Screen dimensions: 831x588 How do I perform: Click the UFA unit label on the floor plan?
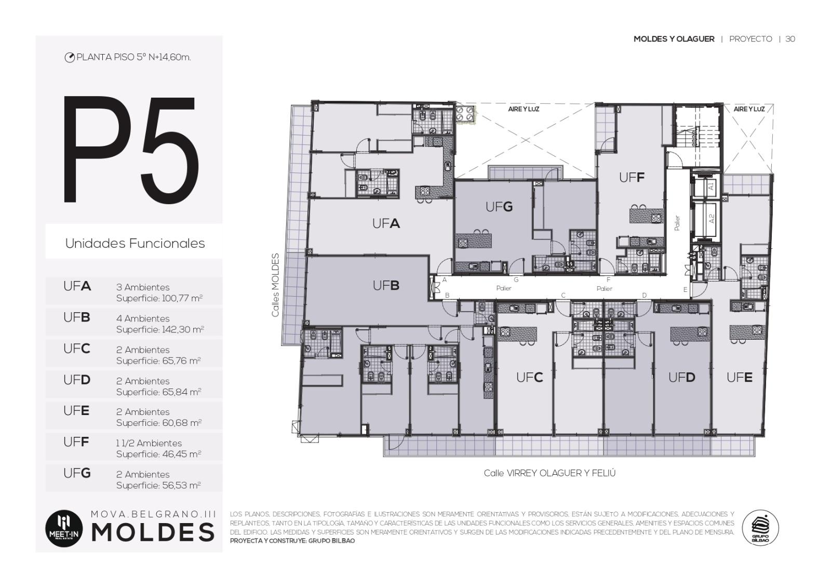[386, 223]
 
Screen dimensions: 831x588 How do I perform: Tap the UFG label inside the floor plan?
[499, 207]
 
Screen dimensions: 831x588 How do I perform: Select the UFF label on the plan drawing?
[632, 178]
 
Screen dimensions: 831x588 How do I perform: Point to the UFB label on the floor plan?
[386, 285]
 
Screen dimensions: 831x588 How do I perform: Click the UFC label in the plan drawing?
[529, 377]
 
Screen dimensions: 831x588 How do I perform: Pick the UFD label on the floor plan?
[681, 377]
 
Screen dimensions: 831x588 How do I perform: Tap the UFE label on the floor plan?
[740, 377]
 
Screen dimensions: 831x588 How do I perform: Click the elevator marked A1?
[706, 186]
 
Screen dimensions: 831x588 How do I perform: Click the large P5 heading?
[130, 149]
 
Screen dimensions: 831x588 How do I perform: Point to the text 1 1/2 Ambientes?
[149, 443]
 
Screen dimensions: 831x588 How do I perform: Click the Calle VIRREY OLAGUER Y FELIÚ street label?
[549, 473]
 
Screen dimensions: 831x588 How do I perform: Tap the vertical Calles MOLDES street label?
[275, 285]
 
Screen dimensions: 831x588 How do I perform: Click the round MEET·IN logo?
[64, 529]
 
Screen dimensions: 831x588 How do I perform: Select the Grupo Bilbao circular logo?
[760, 528]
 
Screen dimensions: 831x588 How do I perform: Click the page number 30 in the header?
[790, 39]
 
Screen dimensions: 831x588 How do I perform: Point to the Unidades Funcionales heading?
[135, 244]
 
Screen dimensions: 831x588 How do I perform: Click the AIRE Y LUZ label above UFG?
[524, 109]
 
